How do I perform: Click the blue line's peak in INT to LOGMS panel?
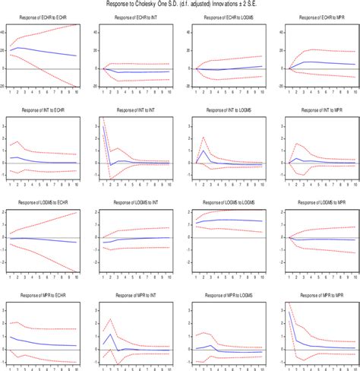[x=203, y=151]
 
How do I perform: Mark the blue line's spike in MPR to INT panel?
[x=112, y=335]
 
